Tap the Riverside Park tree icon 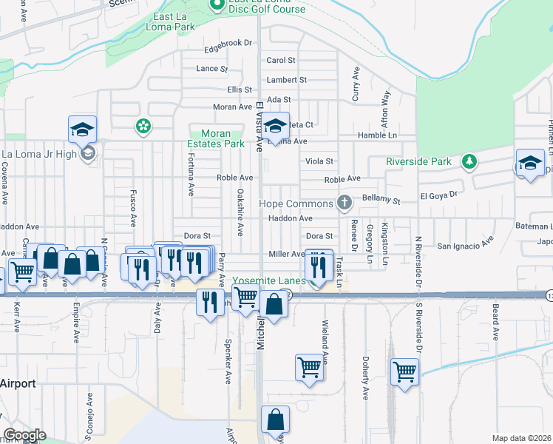468,161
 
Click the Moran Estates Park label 217,138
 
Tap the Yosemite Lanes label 269,282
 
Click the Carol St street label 281,61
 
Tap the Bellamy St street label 381,200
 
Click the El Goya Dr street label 439,195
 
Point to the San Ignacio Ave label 465,244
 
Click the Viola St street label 319,161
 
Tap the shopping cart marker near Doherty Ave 404,371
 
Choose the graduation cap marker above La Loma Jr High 83,129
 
